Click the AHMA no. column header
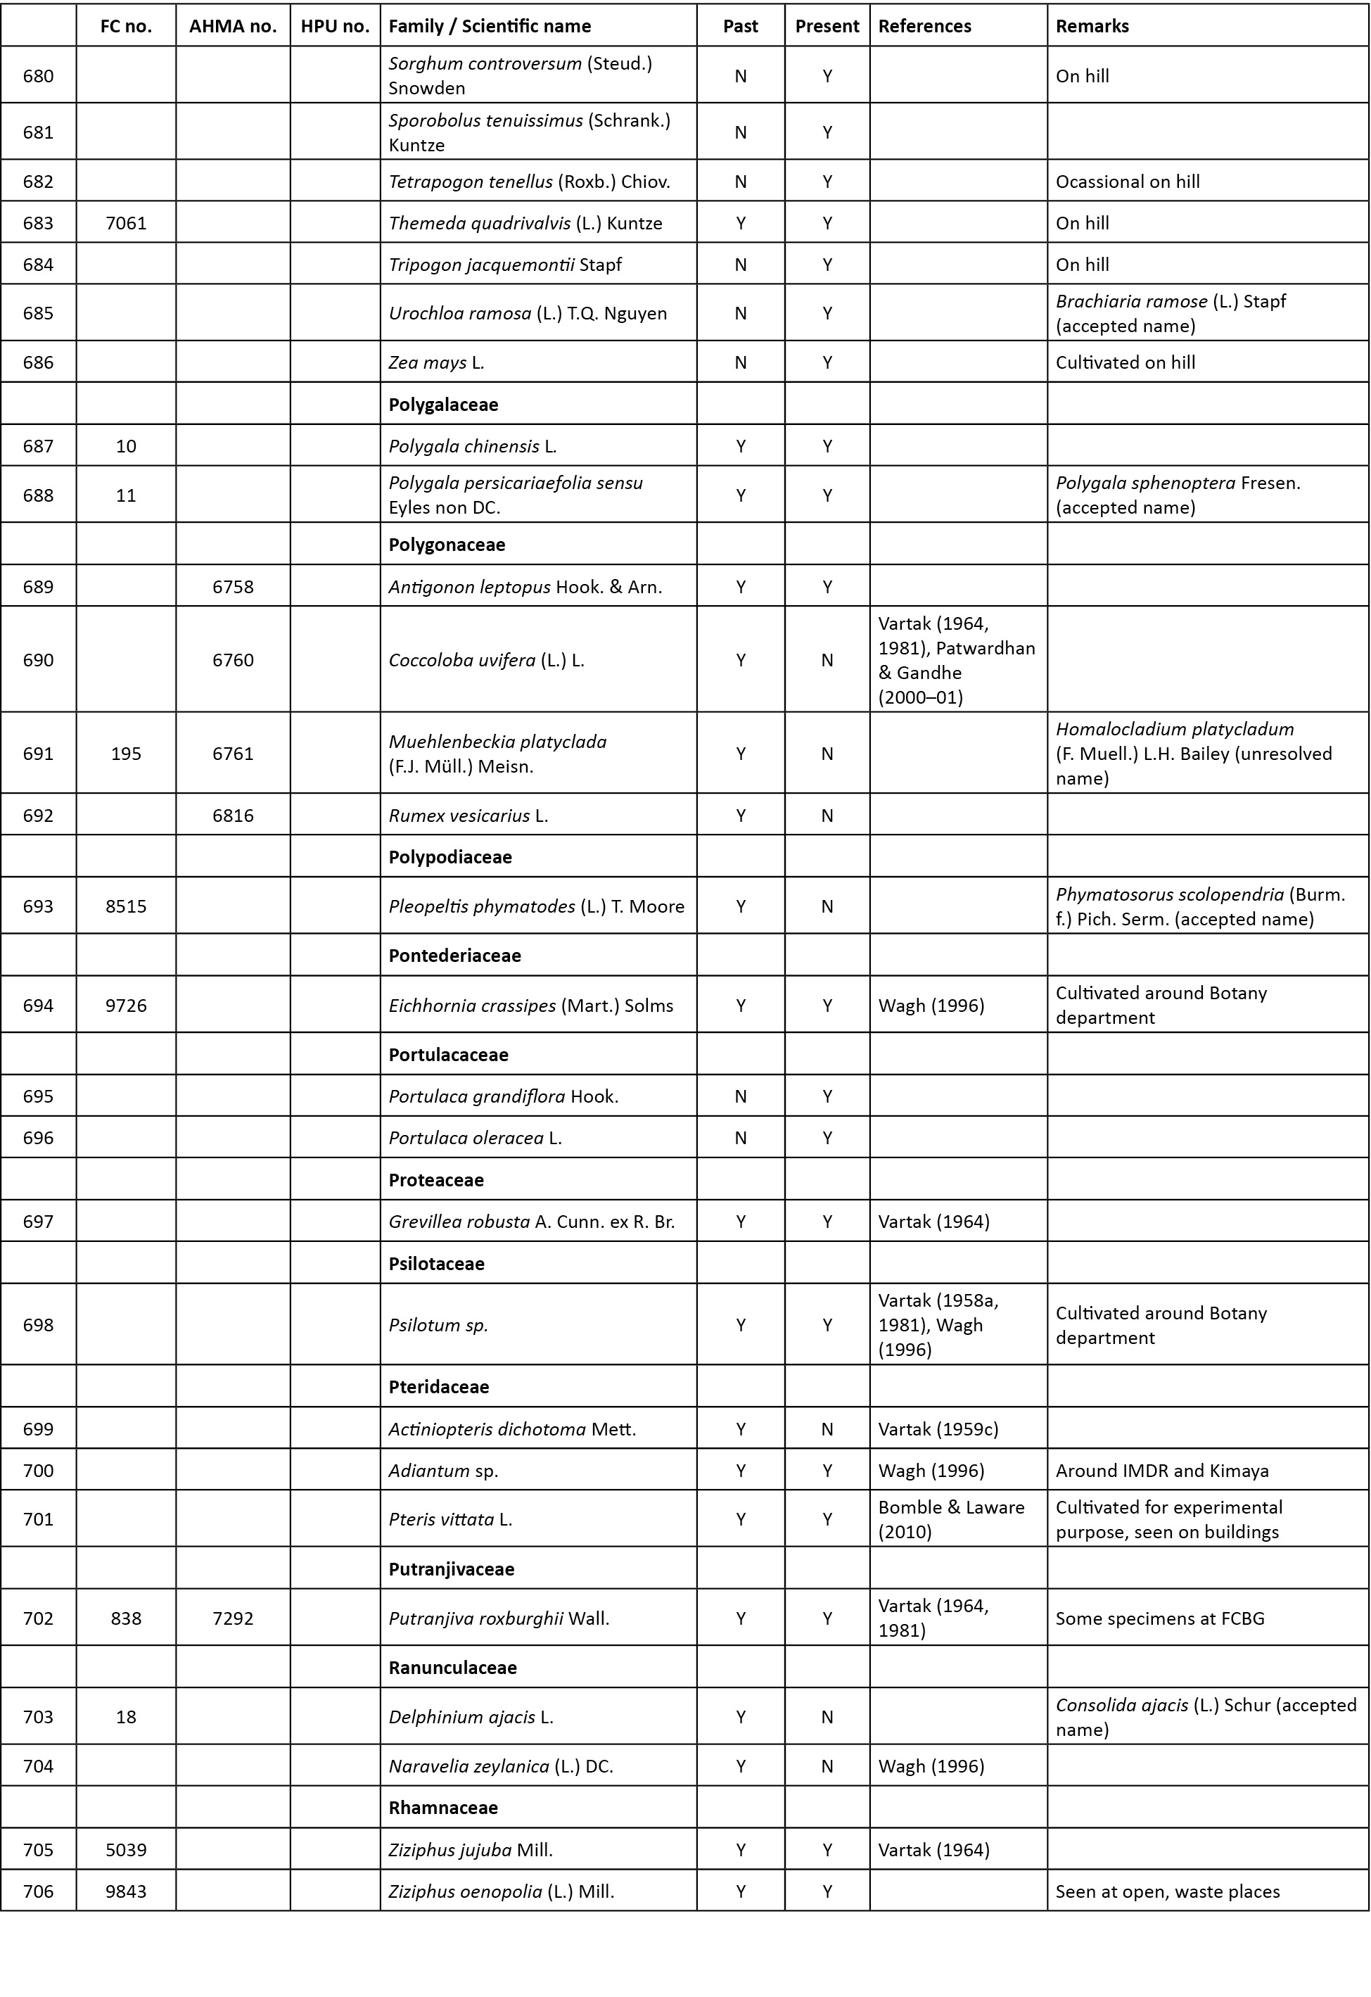(233, 26)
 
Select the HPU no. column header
(334, 26)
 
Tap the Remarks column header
(1092, 26)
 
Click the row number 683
(38, 224)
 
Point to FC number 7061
(127, 224)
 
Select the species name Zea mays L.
(436, 362)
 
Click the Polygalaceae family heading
(443, 405)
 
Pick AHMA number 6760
(233, 660)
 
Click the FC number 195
(127, 754)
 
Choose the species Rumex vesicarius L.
(468, 816)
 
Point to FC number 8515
(127, 906)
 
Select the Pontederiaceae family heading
(454, 956)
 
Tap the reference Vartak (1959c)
(938, 1429)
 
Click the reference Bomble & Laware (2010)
(951, 1519)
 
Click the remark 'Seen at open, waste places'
(1168, 1891)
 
